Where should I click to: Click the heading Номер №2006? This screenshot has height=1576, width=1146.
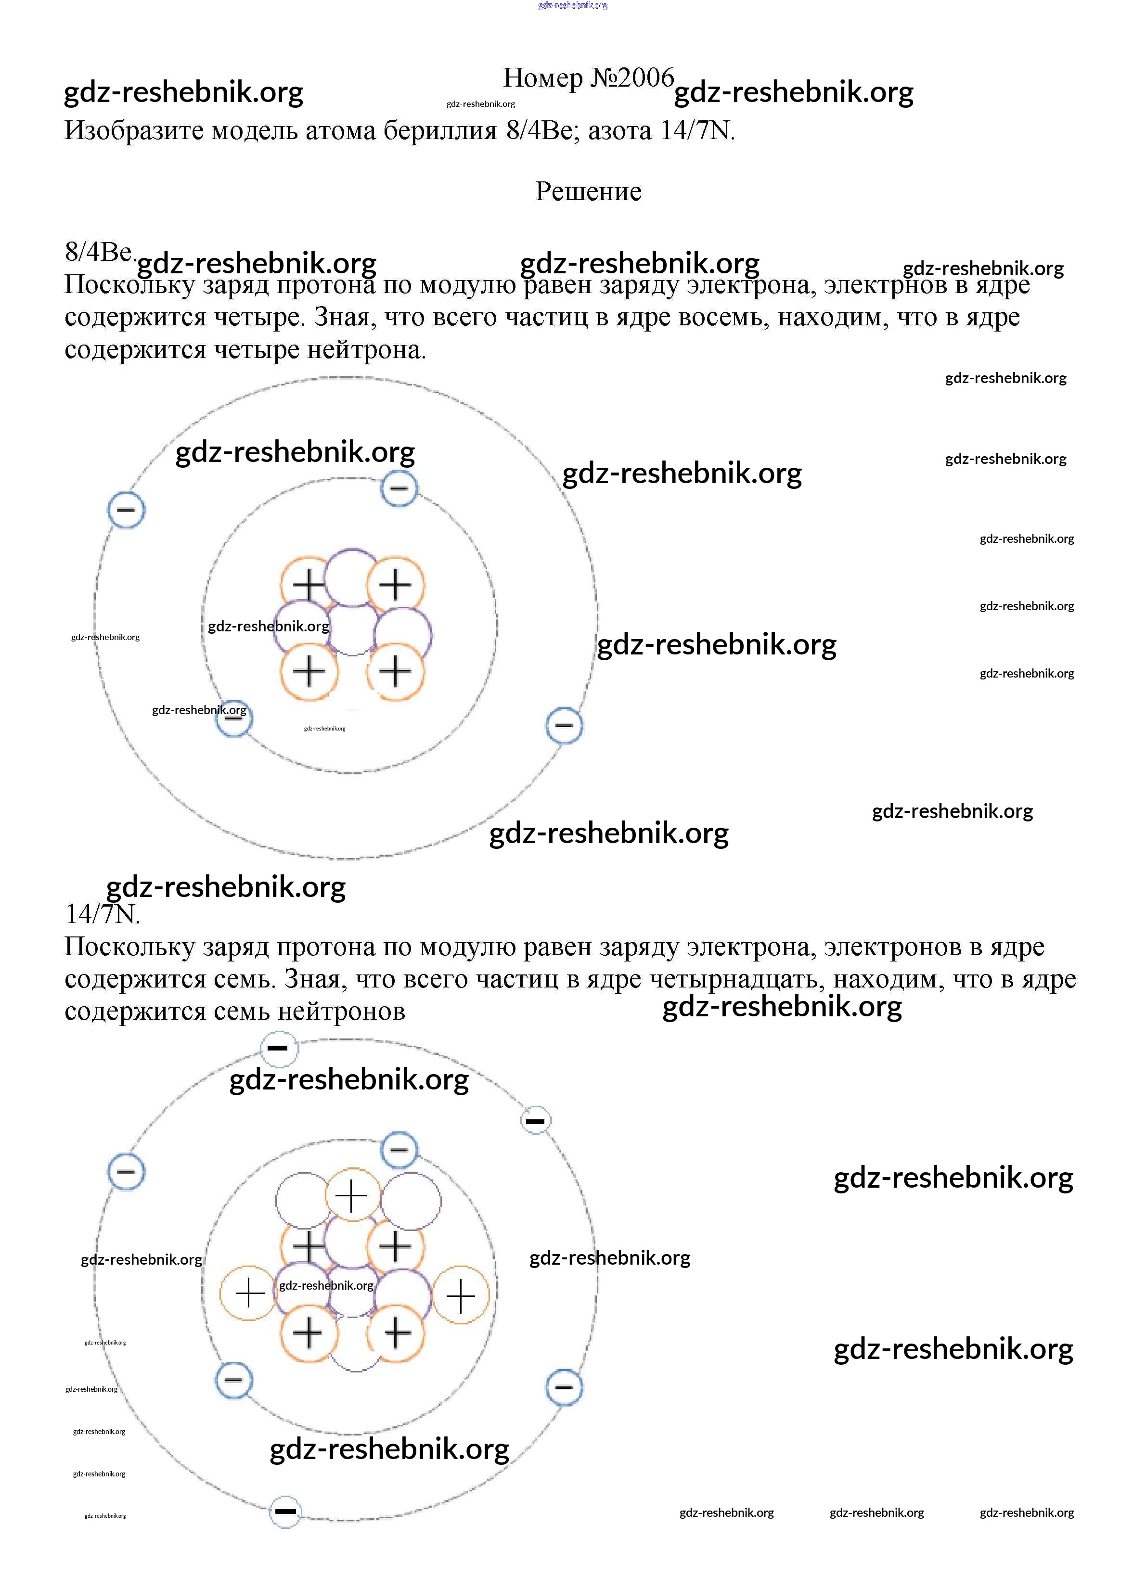588,78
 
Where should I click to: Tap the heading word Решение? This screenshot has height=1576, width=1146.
588,191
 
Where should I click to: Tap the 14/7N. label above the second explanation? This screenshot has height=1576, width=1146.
102,914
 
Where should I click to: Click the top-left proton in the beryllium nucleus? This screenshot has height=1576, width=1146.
309,584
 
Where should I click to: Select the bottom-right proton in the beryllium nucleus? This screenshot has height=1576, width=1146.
396,671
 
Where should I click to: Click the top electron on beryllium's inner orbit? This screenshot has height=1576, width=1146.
399,488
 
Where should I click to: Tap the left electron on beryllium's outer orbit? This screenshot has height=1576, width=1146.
126,510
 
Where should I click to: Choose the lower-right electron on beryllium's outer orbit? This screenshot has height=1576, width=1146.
564,726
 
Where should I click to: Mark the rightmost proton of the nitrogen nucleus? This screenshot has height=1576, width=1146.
460,1295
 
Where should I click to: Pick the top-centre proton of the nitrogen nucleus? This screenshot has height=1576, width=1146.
352,1195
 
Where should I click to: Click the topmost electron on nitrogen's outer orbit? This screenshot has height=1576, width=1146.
278,1048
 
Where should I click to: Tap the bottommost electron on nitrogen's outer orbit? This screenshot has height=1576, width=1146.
285,1511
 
